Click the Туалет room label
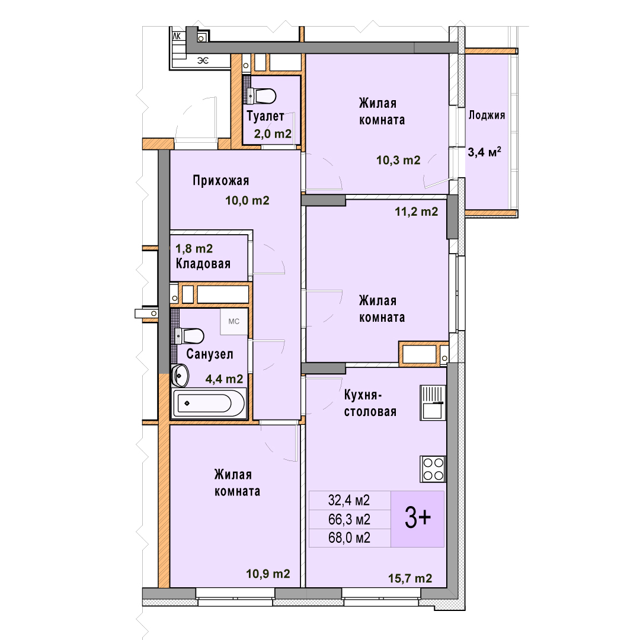pyautogui.click(x=265, y=116)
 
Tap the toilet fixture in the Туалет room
pyautogui.click(x=262, y=97)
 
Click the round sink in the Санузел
pyautogui.click(x=180, y=376)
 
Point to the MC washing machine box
pyautogui.click(x=234, y=322)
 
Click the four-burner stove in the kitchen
pyautogui.click(x=433, y=469)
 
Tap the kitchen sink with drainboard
pyautogui.click(x=433, y=403)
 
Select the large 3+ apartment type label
pyautogui.click(x=418, y=517)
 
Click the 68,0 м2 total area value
pyautogui.click(x=350, y=537)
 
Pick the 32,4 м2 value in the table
pyautogui.click(x=350, y=500)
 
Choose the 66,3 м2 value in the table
pyautogui.click(x=350, y=519)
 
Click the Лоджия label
pyautogui.click(x=487, y=115)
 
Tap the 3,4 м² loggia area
pyautogui.click(x=485, y=152)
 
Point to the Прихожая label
pyautogui.click(x=221, y=180)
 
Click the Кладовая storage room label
pyautogui.click(x=203, y=264)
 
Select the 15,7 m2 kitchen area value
pyautogui.click(x=410, y=578)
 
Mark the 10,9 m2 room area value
pyautogui.click(x=268, y=574)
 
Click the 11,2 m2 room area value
pyautogui.click(x=417, y=212)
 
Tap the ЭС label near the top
pyautogui.click(x=203, y=61)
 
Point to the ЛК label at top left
pyautogui.click(x=177, y=36)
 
